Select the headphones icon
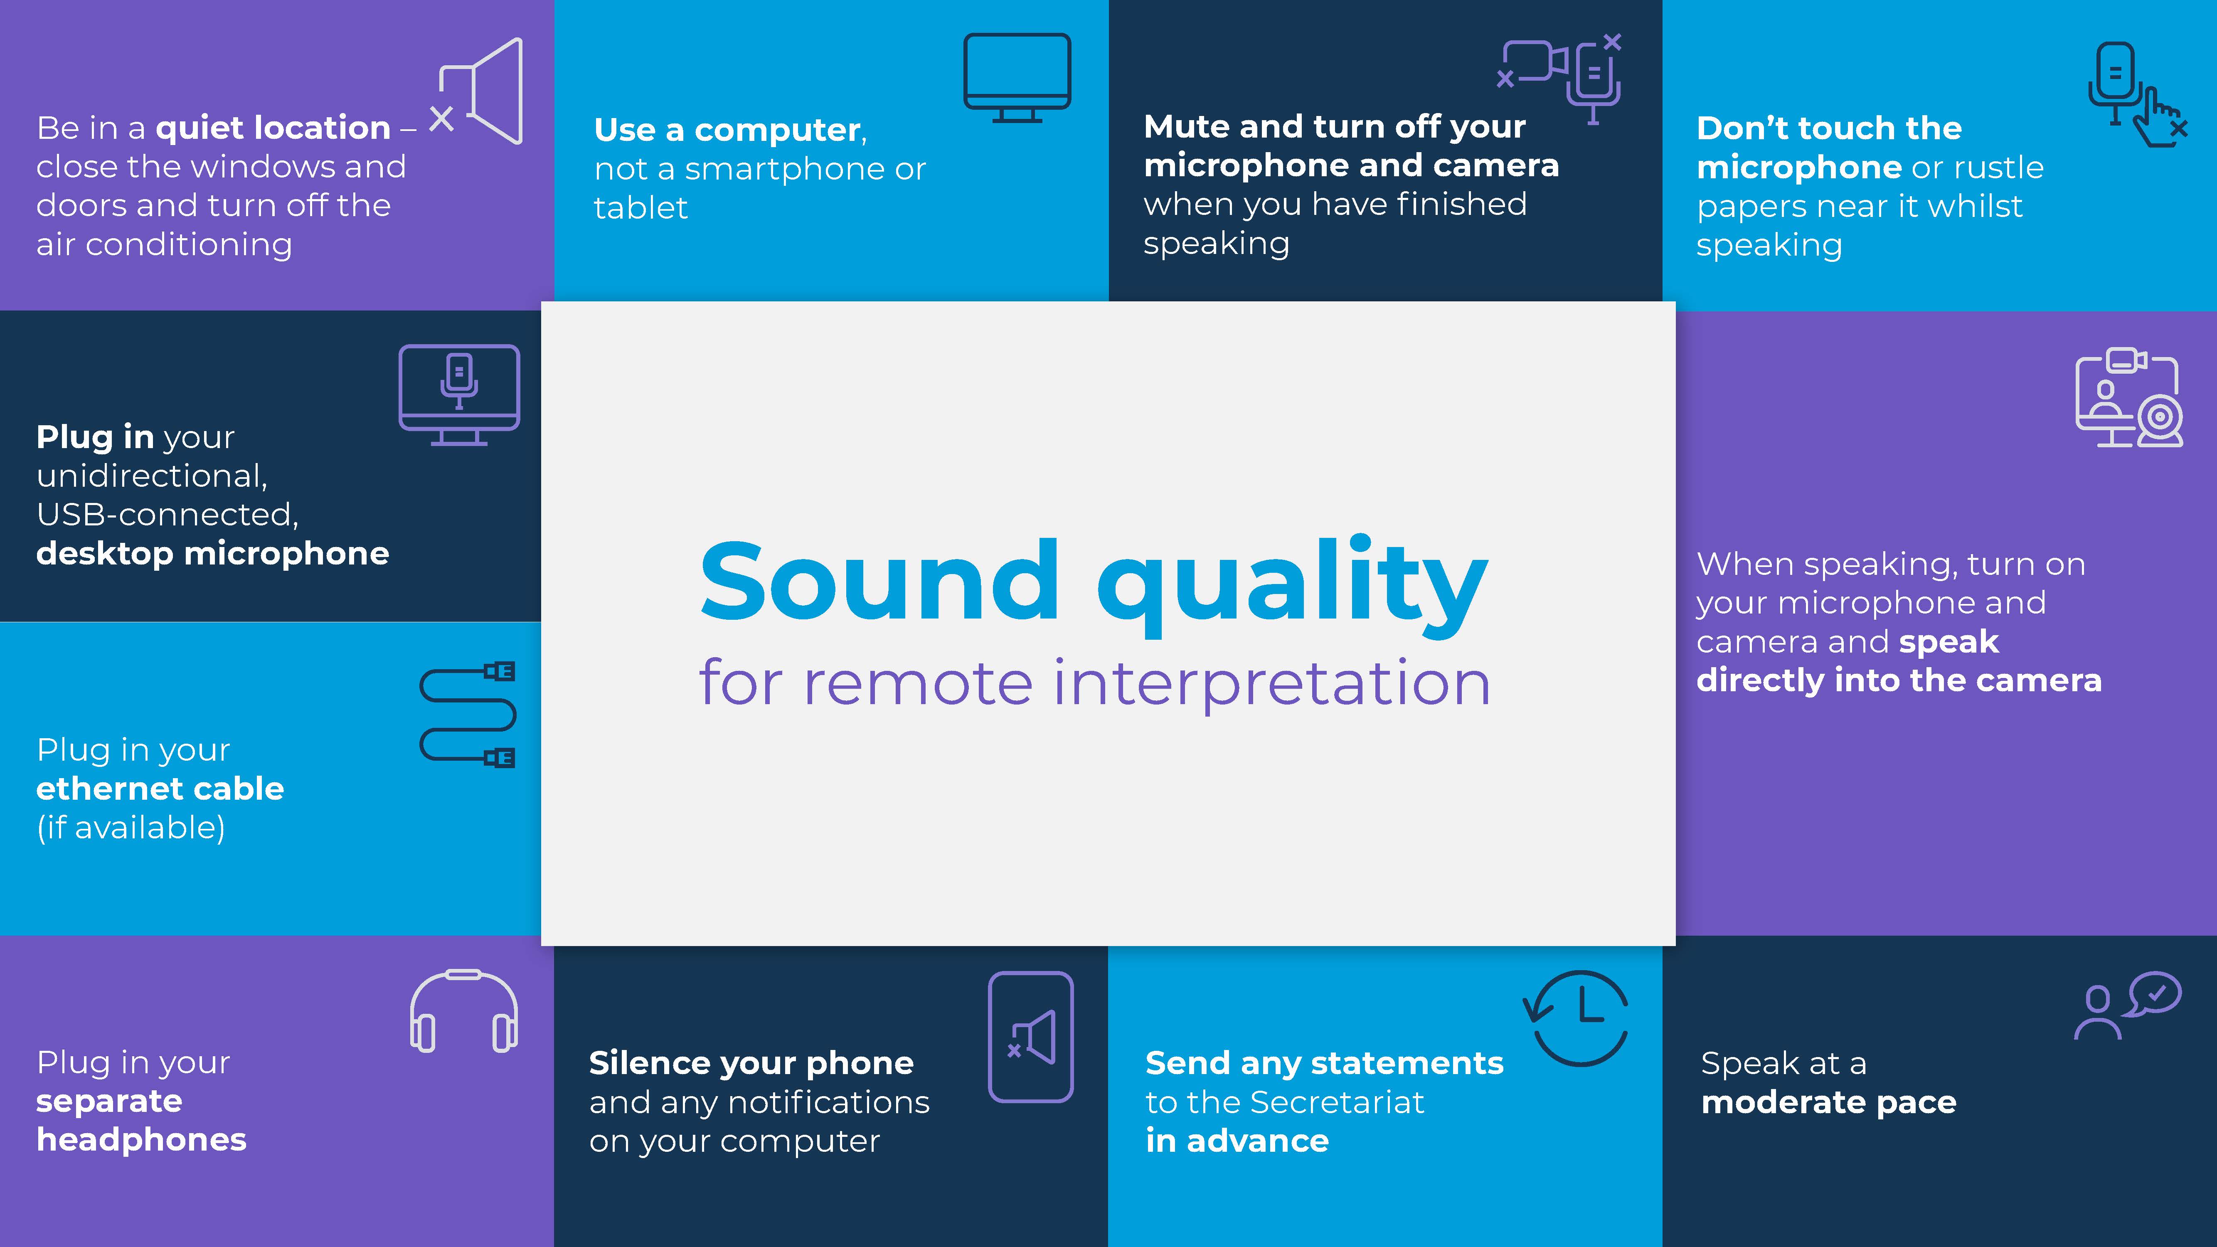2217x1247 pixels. click(x=464, y=1011)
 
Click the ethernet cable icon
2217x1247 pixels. click(x=467, y=714)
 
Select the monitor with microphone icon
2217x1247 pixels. click(x=459, y=394)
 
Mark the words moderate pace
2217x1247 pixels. click(x=1829, y=1102)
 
